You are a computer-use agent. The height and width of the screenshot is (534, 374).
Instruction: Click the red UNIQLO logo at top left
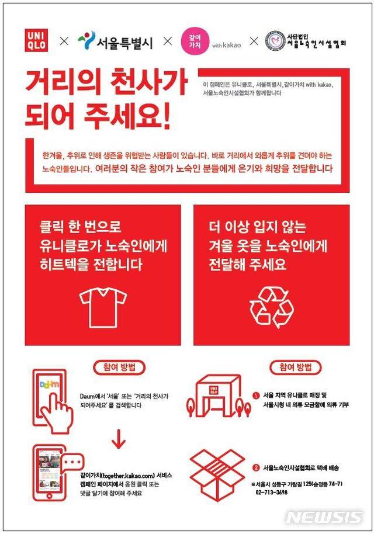(x=36, y=40)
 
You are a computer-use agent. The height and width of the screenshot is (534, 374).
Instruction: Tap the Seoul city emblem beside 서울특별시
(x=86, y=40)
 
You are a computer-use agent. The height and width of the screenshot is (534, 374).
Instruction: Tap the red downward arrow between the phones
(x=119, y=439)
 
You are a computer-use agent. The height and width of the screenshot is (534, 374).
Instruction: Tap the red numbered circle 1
(x=256, y=395)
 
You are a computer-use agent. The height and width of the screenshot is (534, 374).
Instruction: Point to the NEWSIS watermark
(x=324, y=517)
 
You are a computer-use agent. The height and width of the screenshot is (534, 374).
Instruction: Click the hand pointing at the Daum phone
(x=60, y=410)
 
